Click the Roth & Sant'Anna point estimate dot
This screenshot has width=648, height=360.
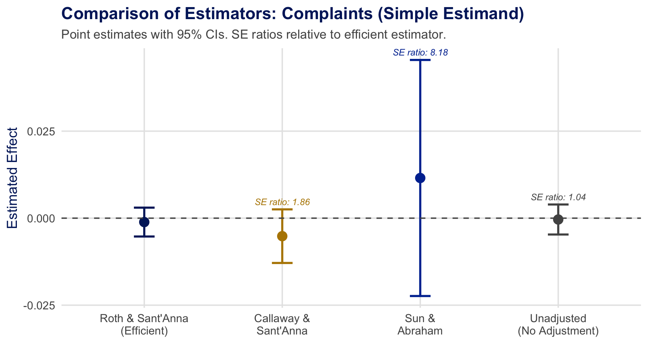[144, 222]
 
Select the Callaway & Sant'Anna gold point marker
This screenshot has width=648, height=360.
[282, 236]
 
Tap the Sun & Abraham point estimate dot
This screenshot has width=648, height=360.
[420, 178]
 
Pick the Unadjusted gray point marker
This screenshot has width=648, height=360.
[558, 219]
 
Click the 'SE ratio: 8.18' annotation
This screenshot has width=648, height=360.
[420, 53]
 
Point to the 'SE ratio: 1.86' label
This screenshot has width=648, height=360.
[282, 202]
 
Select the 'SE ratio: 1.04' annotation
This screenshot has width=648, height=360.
[558, 197]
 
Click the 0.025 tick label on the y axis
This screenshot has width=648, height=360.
[41, 132]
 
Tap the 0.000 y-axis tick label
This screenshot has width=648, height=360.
[41, 218]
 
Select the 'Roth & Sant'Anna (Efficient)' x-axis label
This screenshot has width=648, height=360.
[144, 325]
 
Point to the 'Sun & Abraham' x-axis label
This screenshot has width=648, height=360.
[420, 325]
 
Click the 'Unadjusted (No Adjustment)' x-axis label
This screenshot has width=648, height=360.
[558, 325]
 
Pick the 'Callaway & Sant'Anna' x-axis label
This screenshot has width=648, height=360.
[282, 325]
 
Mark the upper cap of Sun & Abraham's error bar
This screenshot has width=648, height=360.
[420, 60]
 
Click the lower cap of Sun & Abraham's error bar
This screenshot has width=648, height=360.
[420, 296]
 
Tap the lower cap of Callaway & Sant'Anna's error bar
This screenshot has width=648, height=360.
[282, 263]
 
